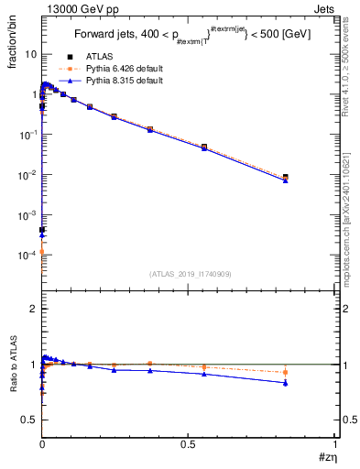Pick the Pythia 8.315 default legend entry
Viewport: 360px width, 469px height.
tap(123, 81)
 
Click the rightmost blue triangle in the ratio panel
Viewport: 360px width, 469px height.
tap(286, 383)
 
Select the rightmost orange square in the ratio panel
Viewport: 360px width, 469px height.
tap(286, 372)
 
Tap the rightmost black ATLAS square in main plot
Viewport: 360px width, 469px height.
tap(286, 177)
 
